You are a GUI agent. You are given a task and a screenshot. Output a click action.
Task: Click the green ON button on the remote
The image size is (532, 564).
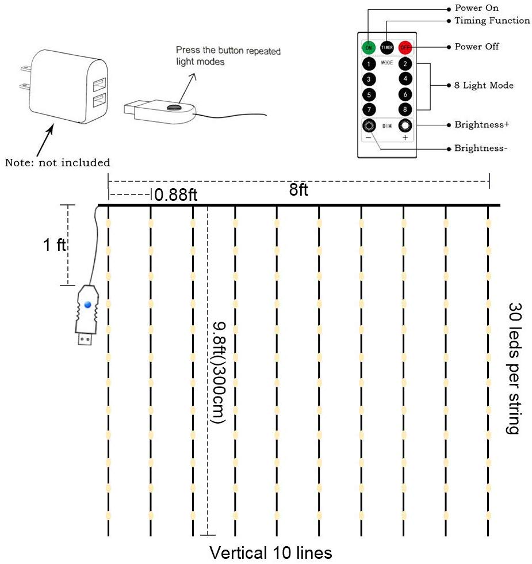pyautogui.click(x=369, y=47)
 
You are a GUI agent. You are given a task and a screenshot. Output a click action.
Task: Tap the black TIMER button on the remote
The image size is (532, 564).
pyautogui.click(x=386, y=47)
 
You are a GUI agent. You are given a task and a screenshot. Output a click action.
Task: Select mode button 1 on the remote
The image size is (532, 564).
pyautogui.click(x=369, y=64)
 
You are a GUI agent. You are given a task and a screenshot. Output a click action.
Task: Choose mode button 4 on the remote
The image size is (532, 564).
pyautogui.click(x=405, y=79)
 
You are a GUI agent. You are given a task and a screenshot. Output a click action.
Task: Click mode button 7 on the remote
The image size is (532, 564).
pyautogui.click(x=369, y=109)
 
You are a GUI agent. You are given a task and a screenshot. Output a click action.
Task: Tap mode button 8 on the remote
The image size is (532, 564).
pyautogui.click(x=405, y=109)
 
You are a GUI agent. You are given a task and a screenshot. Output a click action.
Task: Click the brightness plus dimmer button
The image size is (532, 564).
pyautogui.click(x=405, y=125)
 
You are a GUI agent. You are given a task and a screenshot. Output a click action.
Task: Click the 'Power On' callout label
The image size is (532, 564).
pyautogui.click(x=477, y=8)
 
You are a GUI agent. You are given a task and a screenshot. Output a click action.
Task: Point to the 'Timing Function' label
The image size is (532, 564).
pyautogui.click(x=492, y=21)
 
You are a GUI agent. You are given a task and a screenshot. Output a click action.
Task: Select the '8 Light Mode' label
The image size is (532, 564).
pyautogui.click(x=484, y=85)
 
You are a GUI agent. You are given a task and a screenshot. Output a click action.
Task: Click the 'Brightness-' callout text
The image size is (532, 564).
pyautogui.click(x=481, y=148)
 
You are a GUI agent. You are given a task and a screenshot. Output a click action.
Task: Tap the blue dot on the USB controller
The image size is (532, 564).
pyautogui.click(x=87, y=304)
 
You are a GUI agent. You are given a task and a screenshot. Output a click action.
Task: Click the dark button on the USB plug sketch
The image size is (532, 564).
pyautogui.click(x=174, y=107)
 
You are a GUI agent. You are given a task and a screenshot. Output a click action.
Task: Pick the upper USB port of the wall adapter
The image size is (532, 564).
pyautogui.click(x=99, y=85)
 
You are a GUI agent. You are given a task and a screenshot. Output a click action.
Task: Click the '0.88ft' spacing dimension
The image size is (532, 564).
pyautogui.click(x=176, y=195)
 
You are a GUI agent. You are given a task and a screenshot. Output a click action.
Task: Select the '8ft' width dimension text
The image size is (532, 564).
pyautogui.click(x=298, y=189)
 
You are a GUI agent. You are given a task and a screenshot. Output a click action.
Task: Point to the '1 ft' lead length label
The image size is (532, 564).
pyautogui.click(x=55, y=245)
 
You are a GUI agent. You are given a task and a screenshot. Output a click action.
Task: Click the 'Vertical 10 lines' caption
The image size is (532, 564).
pyautogui.click(x=271, y=553)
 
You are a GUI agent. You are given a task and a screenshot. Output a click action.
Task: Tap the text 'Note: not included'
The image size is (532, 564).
pyautogui.click(x=58, y=162)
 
